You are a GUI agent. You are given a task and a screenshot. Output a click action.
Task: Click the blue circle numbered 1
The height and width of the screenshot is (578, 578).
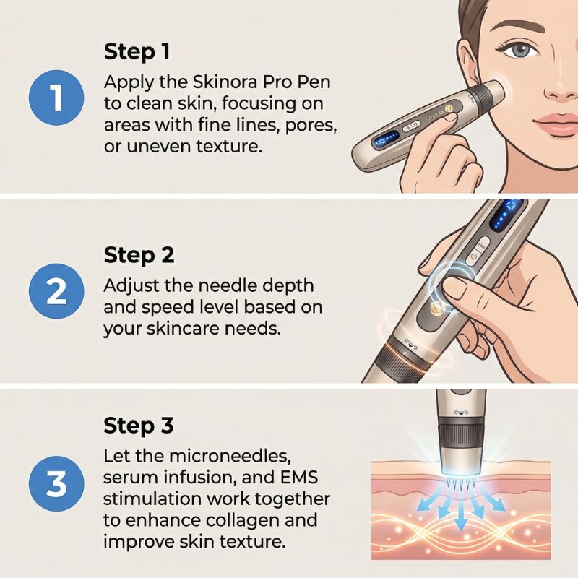[x=56, y=98]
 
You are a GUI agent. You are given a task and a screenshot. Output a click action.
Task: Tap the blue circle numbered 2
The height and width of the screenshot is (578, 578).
[x=56, y=291]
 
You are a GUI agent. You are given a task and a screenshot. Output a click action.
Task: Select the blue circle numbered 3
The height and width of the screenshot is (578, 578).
[x=56, y=483]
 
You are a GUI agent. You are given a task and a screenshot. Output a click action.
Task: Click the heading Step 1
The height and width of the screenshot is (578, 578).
[x=137, y=51]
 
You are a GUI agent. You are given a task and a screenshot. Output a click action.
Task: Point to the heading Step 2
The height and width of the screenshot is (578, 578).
[x=139, y=255]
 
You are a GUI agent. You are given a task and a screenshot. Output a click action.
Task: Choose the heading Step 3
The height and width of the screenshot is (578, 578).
[x=138, y=425]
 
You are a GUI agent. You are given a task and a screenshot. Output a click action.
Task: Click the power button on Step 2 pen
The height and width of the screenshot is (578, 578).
[x=474, y=257]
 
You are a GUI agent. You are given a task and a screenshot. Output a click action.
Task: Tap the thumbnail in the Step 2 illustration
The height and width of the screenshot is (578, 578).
[x=455, y=288]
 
